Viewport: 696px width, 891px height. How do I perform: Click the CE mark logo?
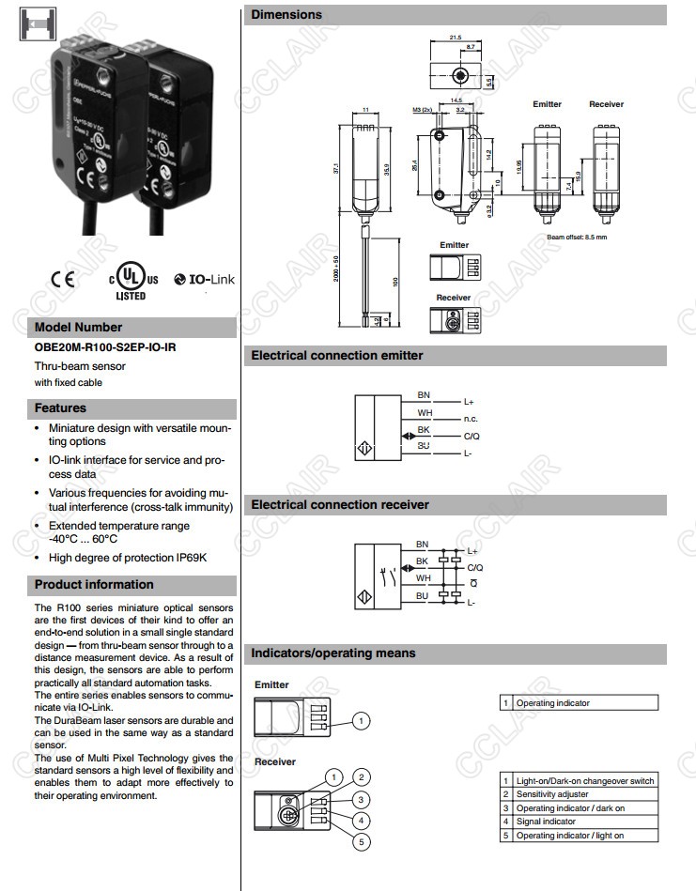(63, 279)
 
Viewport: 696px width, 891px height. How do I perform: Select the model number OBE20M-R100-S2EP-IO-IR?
(105, 347)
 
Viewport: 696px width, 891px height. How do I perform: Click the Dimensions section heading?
(286, 15)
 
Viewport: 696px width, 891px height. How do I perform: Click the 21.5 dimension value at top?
(456, 38)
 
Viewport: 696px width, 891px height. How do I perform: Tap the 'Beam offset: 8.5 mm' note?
(577, 237)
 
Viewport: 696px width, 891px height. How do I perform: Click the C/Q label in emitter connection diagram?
(472, 437)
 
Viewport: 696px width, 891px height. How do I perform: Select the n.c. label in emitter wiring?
(472, 419)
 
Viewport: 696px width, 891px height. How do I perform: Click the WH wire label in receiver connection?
(423, 578)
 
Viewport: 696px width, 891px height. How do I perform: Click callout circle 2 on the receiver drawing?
(362, 776)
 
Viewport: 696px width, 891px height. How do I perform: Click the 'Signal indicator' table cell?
(546, 822)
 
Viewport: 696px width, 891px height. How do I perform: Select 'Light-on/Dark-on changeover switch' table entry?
(584, 781)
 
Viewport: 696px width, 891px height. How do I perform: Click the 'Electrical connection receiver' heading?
(340, 505)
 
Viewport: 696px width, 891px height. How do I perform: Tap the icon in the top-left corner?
(31, 23)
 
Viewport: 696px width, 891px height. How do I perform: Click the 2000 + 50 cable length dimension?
(335, 271)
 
